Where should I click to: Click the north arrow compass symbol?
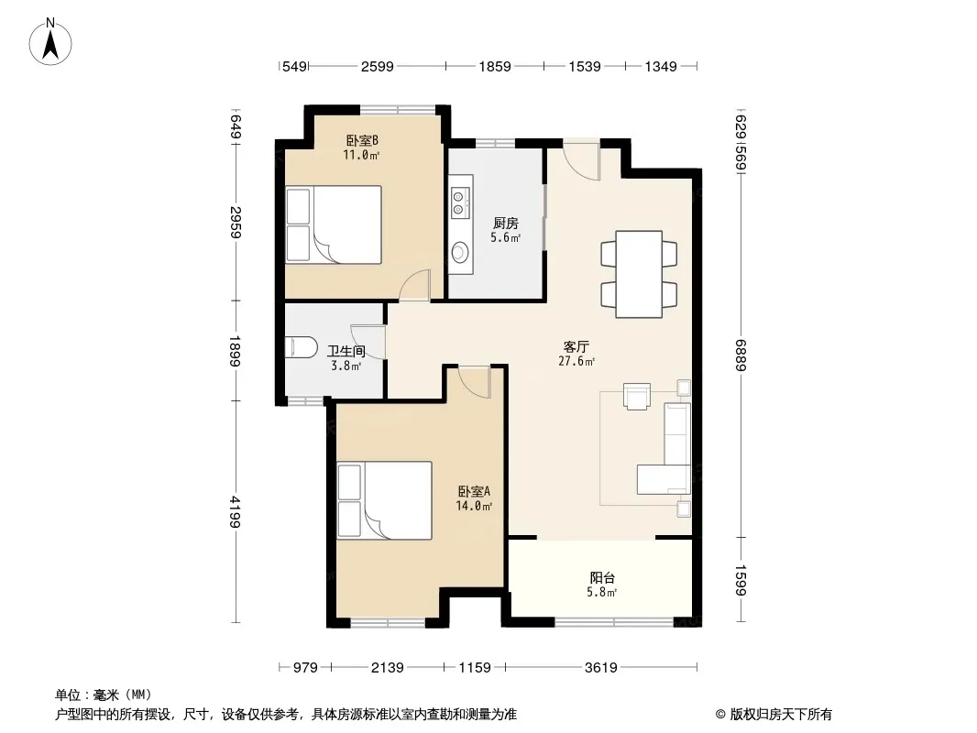click(x=50, y=42)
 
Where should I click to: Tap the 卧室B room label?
click(x=362, y=141)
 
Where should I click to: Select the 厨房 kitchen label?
click(x=505, y=223)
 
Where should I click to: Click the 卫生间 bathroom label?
click(x=346, y=352)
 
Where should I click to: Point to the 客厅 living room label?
click(x=576, y=347)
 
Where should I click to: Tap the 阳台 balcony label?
click(x=602, y=578)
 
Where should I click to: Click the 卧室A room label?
click(x=474, y=491)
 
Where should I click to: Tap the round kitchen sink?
click(x=460, y=252)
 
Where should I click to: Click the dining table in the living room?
click(x=639, y=274)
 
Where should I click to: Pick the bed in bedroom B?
click(x=334, y=224)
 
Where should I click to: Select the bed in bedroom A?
click(x=384, y=500)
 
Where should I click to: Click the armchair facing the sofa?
click(x=637, y=396)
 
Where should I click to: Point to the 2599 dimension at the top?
click(x=378, y=67)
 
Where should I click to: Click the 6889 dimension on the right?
click(x=741, y=355)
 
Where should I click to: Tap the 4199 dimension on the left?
click(x=235, y=512)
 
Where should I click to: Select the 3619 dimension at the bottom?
click(x=600, y=668)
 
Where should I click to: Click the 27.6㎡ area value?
click(x=576, y=361)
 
